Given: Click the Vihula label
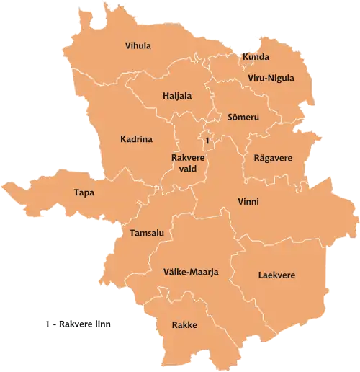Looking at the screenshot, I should click(x=138, y=46).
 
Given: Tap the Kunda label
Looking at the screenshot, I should click(x=256, y=57).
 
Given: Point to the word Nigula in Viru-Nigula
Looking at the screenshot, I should click(x=282, y=78).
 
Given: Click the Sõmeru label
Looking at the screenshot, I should click(x=243, y=117).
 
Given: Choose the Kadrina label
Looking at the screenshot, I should click(x=136, y=140).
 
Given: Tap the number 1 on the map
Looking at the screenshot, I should click(x=207, y=140).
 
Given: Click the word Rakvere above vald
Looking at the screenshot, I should click(x=189, y=158).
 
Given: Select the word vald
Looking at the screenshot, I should click(x=188, y=169).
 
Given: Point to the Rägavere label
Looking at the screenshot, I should click(x=273, y=158).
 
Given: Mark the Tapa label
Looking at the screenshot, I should click(x=84, y=192).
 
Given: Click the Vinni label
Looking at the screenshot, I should click(x=248, y=202).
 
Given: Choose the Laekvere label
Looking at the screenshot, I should click(x=276, y=275).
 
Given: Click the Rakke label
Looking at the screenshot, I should click(x=184, y=325).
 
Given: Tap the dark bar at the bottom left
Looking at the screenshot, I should click(x=79, y=323).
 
